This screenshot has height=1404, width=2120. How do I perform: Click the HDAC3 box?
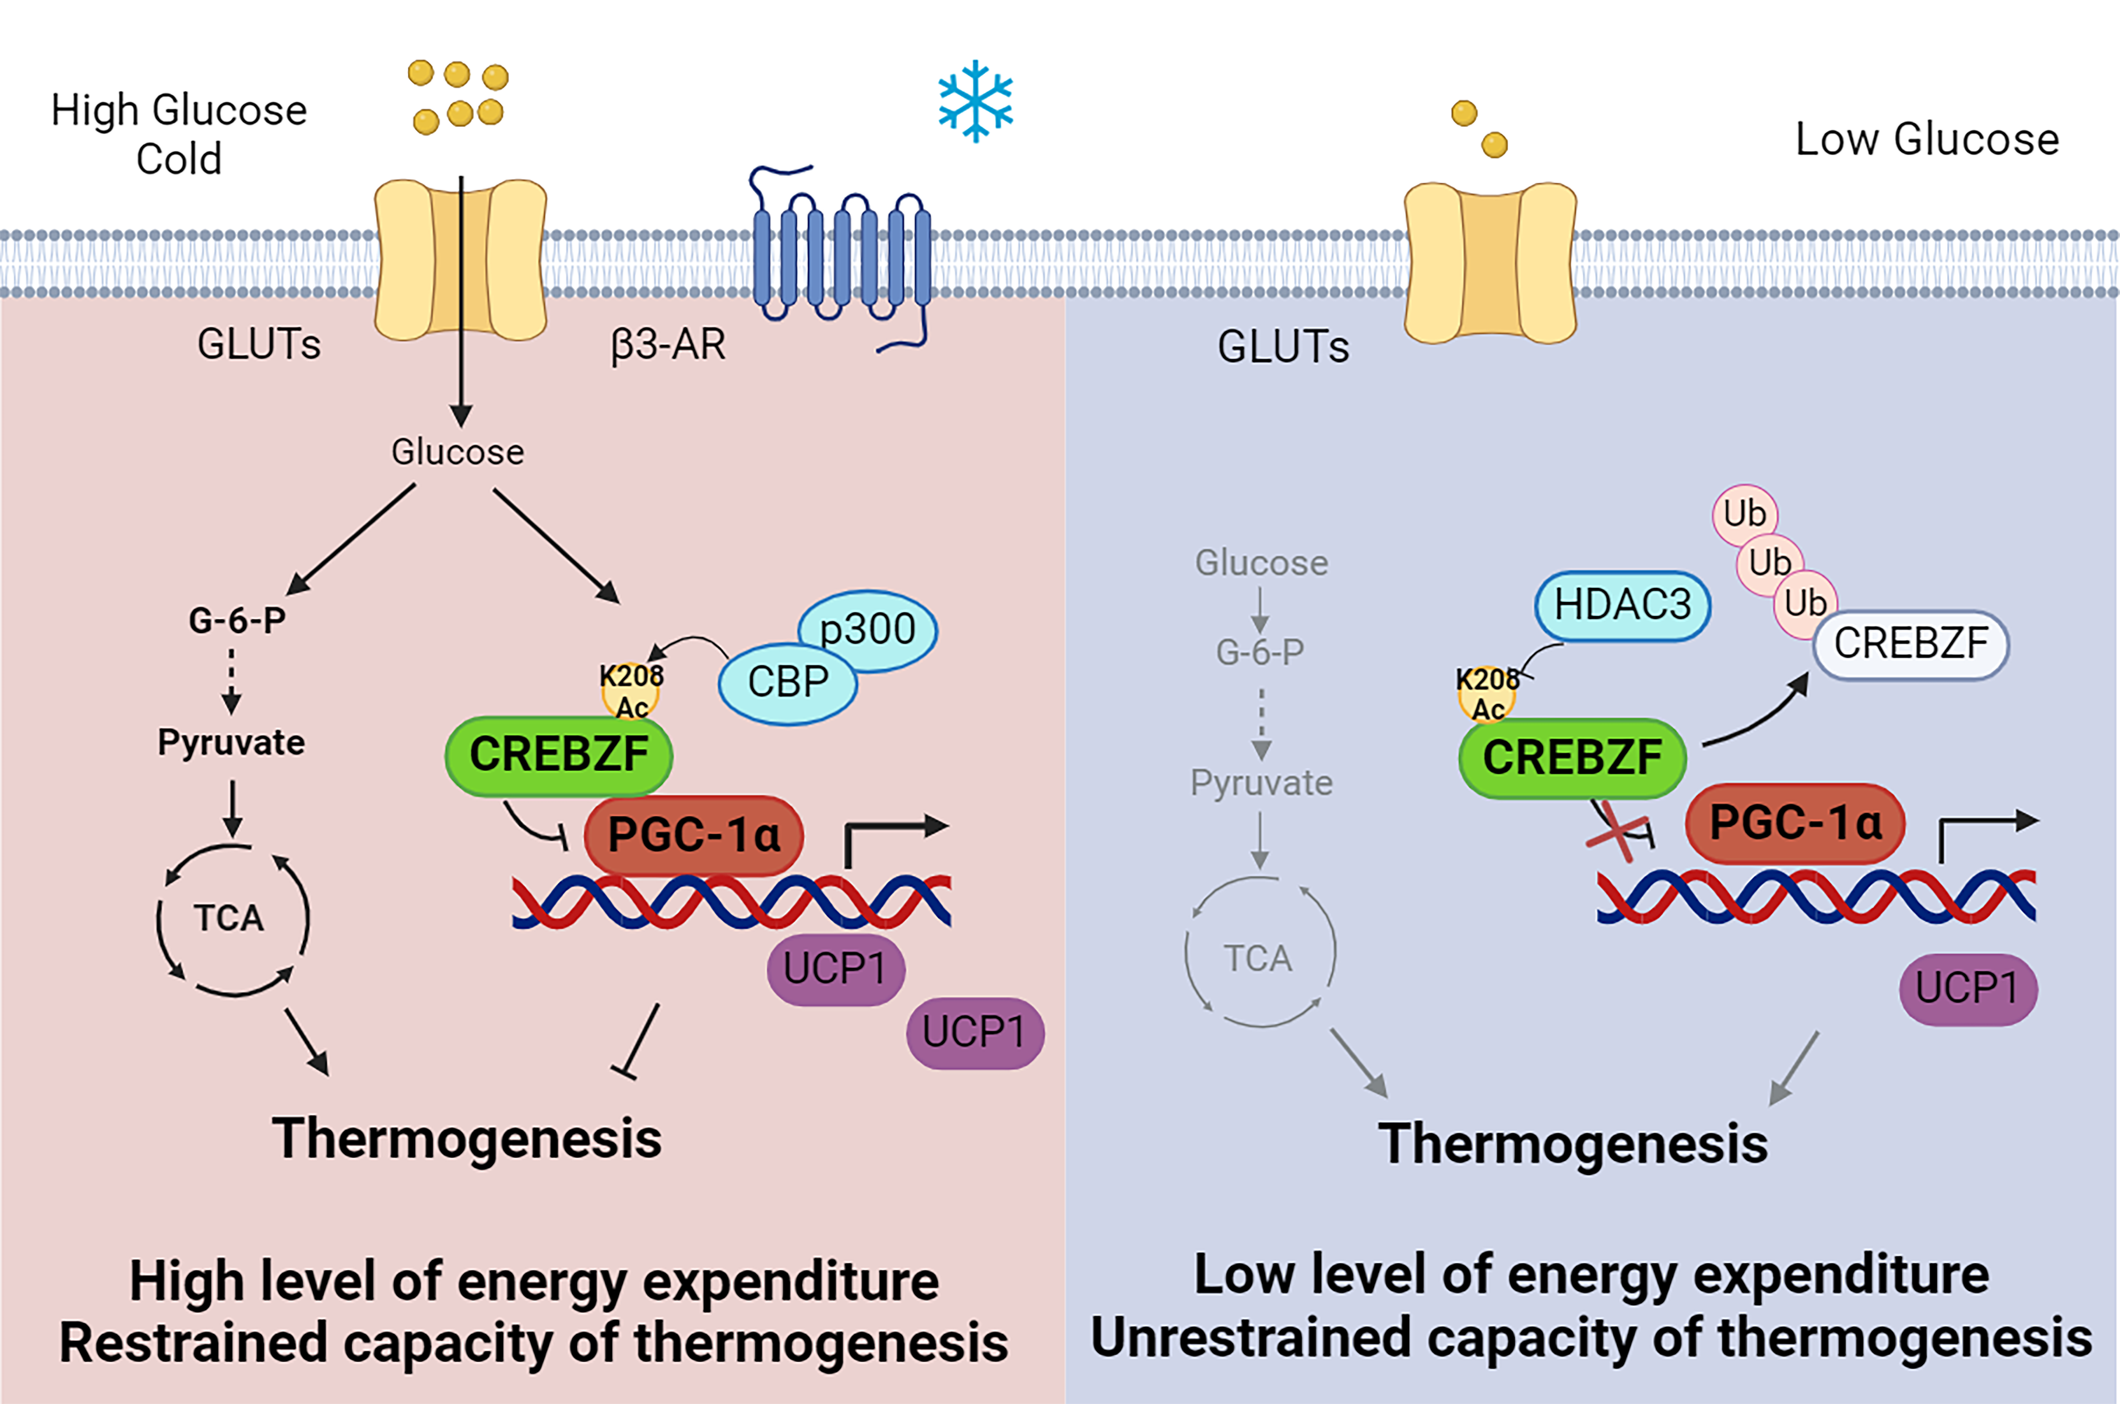click(x=1622, y=605)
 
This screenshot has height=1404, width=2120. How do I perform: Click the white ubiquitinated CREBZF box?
click(x=1911, y=644)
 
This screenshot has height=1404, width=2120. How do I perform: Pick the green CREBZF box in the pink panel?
click(x=559, y=755)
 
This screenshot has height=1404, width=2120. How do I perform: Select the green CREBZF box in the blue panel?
click(x=1572, y=758)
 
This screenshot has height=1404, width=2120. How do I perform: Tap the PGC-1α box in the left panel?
click(x=694, y=834)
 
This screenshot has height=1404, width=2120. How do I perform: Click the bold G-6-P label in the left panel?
click(x=237, y=619)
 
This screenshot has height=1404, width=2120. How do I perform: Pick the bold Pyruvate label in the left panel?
click(x=231, y=742)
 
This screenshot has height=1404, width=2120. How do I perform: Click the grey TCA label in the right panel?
click(x=1258, y=959)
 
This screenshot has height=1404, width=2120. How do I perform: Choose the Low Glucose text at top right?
click(x=1927, y=140)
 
